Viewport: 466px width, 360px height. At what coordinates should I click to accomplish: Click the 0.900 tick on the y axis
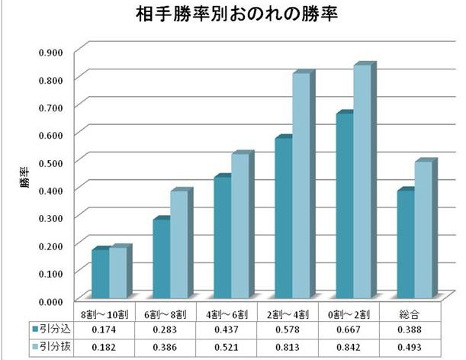[57, 51]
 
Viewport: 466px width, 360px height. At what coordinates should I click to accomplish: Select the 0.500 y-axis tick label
[57, 161]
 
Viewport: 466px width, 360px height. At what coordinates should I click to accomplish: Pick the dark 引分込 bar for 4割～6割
[223, 237]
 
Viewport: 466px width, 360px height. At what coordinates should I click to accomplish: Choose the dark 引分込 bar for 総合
[406, 243]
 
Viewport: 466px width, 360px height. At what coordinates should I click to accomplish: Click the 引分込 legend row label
[54, 329]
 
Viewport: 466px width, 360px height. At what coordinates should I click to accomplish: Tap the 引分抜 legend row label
[54, 347]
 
